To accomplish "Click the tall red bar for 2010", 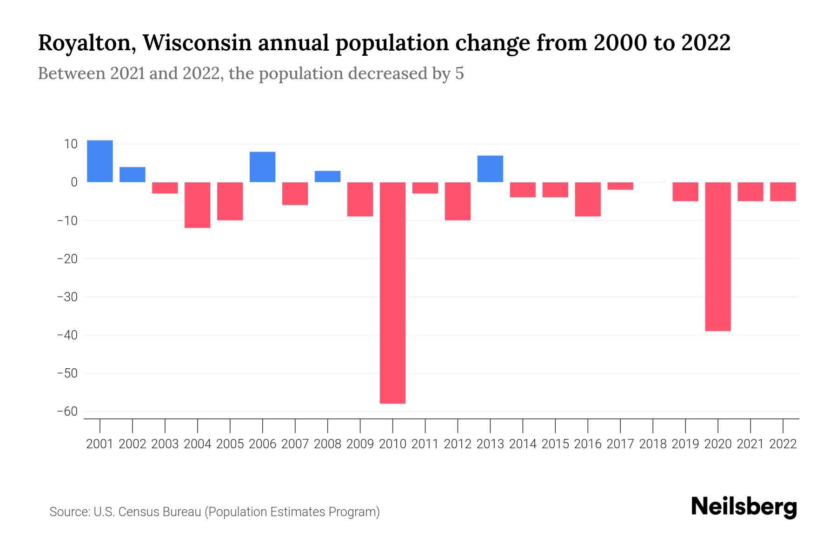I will point(392,293).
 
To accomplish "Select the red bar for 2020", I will point(718,257).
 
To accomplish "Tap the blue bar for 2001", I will point(100,161).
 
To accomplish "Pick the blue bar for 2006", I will point(262,167).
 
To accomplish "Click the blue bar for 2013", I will point(490,169).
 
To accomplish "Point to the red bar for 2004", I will point(198,205).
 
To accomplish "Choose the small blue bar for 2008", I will point(327,177).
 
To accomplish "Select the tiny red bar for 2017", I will point(620,186).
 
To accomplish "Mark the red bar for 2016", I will point(588,199).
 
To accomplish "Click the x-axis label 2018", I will point(653,444).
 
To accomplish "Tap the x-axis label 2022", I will point(783,444).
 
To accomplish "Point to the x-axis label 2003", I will point(165,444).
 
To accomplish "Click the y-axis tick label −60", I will point(67,412).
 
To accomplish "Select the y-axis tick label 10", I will point(71,144).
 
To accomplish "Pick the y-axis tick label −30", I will point(67,297).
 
